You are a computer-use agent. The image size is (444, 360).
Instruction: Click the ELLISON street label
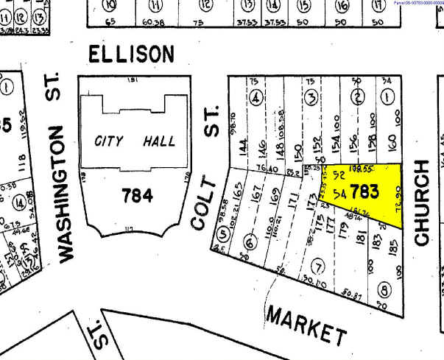click(132, 54)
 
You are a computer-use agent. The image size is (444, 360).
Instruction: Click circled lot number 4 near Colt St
click(256, 98)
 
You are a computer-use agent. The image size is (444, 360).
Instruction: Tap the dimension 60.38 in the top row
click(153, 23)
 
